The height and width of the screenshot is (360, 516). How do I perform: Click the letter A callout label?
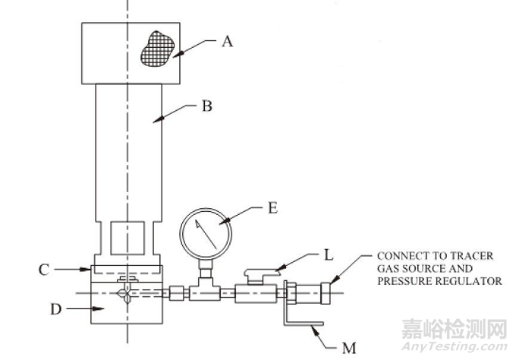226,42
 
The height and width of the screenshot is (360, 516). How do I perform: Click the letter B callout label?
206,106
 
